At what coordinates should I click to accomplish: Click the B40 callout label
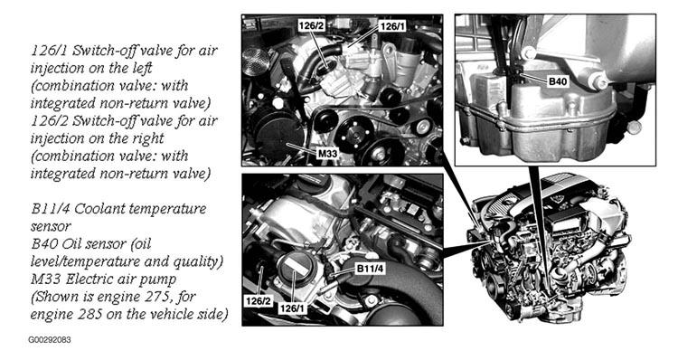tap(558, 81)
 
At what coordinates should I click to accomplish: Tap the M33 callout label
tap(327, 153)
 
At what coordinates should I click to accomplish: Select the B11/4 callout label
tap(370, 269)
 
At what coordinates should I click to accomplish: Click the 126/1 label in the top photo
tap(392, 26)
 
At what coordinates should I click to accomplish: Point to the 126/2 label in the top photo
tap(311, 26)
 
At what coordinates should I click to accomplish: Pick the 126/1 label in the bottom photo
tap(291, 308)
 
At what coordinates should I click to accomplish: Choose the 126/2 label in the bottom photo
tap(259, 300)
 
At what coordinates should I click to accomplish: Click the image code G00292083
tap(50, 340)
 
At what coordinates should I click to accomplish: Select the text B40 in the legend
tap(44, 243)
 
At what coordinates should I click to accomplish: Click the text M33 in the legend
tap(45, 279)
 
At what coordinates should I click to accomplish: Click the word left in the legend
tap(140, 68)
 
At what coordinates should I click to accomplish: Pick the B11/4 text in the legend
tap(50, 209)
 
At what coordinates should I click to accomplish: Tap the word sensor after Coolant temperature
tap(50, 227)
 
